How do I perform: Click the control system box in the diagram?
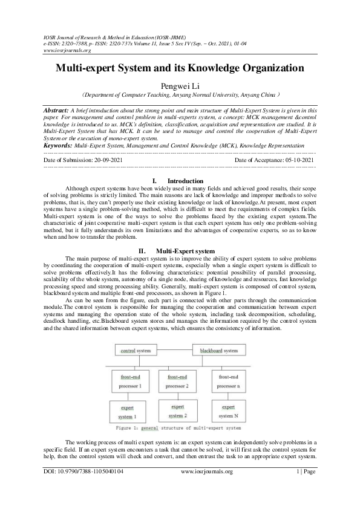click(136, 351)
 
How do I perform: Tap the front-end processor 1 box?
click(131, 381)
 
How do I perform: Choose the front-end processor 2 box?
click(177, 381)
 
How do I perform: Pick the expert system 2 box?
click(177, 412)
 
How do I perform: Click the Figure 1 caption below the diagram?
click(180, 429)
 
